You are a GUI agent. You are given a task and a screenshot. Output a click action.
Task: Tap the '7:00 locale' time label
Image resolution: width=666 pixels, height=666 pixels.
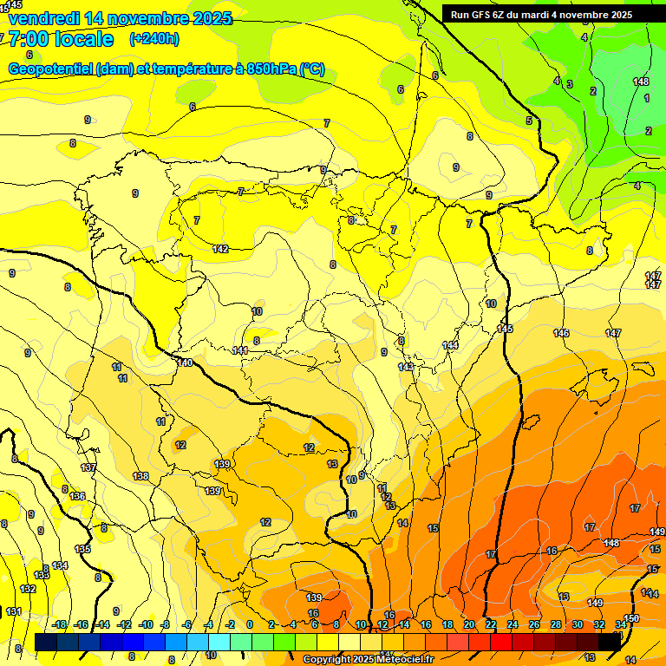61,39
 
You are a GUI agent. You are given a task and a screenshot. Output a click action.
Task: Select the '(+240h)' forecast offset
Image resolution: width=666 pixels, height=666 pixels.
154,39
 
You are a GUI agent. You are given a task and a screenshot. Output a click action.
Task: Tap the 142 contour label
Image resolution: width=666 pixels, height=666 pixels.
221,249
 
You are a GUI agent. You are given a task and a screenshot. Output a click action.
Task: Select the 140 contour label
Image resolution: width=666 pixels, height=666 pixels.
185,362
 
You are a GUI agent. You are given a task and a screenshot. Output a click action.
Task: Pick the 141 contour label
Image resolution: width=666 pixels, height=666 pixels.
240,350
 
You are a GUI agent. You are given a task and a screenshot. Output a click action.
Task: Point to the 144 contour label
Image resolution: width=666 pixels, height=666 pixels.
450,345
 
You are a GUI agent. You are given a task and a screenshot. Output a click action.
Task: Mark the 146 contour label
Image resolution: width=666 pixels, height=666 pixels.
561,333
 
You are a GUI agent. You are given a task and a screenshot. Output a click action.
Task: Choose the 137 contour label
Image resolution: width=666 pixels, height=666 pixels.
88,467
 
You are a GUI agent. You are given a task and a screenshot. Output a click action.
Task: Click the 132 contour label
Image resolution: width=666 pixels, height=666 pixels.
28,589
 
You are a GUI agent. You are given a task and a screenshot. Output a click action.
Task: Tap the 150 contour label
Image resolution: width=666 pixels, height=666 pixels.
631,617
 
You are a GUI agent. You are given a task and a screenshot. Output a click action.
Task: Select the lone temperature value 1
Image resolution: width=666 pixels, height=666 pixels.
647,98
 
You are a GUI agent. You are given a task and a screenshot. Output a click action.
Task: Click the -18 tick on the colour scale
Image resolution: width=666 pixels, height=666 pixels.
60,624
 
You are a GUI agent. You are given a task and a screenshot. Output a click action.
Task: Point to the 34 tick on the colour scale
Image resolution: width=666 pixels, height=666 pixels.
621,624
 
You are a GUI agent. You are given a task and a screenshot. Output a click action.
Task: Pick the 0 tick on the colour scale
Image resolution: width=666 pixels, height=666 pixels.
250,624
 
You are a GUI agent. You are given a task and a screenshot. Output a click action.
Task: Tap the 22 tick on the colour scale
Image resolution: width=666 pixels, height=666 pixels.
491,624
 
